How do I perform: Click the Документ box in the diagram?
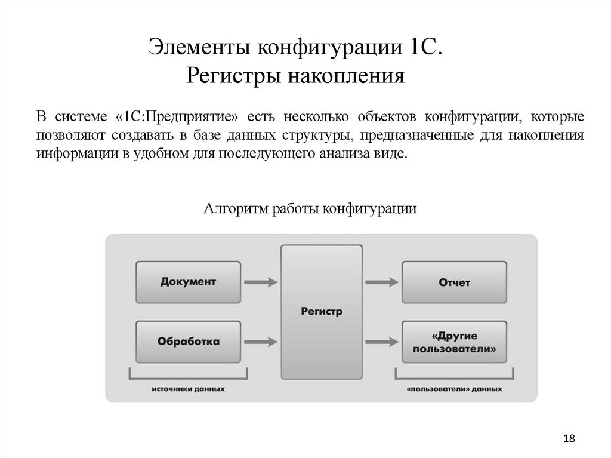(188, 281)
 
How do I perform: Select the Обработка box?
(188, 342)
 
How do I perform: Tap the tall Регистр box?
(322, 312)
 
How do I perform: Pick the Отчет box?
(454, 281)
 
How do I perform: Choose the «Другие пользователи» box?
(454, 342)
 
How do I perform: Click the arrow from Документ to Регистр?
(261, 281)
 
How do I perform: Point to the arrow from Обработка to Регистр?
(261, 342)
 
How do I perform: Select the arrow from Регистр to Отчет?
(382, 281)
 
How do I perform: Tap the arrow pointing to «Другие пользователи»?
(382, 342)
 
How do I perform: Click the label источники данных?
(188, 388)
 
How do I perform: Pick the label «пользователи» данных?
(454, 388)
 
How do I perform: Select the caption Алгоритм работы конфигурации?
(310, 209)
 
